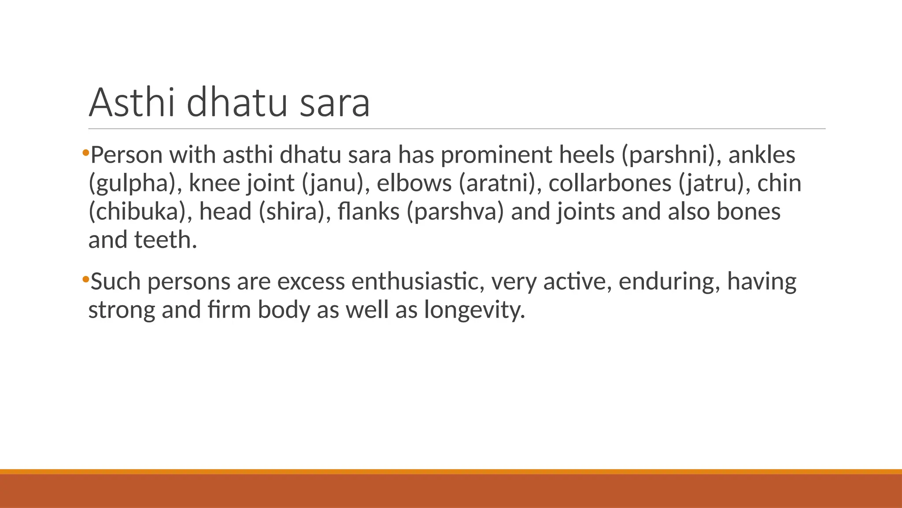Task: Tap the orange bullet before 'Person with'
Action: coord(85,153)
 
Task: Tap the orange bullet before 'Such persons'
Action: coord(85,279)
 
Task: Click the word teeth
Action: coord(166,240)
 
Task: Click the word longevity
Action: coord(475,310)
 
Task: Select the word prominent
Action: coord(496,155)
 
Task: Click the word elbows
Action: coord(414,183)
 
